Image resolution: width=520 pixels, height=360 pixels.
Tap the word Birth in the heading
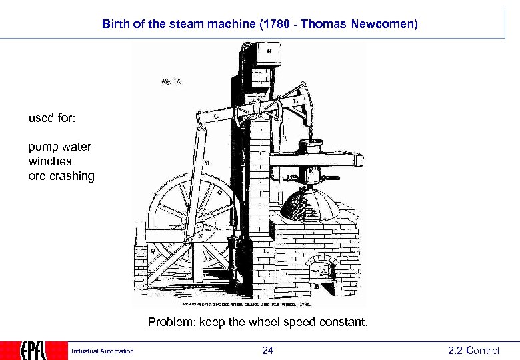(115, 24)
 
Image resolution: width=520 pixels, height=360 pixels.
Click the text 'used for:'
(52, 119)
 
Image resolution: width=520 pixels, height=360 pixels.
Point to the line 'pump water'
(60, 147)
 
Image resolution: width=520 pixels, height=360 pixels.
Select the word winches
(50, 161)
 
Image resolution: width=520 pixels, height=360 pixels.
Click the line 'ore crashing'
(61, 176)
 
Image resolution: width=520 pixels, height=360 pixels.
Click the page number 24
(267, 351)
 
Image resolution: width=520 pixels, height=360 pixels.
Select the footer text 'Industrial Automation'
(103, 351)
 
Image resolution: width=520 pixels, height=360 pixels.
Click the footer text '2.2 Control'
(473, 351)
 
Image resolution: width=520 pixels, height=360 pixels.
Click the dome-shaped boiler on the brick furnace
(307, 204)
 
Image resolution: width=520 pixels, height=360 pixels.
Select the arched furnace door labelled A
(323, 269)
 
